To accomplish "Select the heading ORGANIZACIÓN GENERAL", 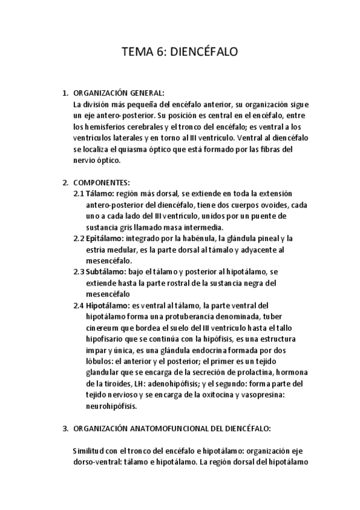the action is tap(118, 93).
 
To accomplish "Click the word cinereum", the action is tap(102, 328).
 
